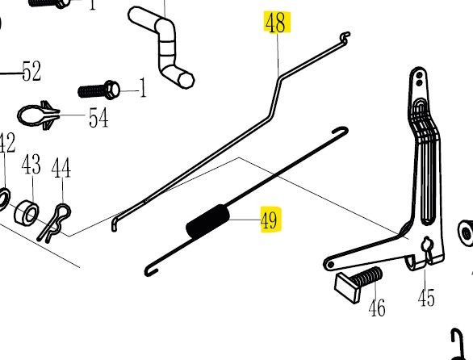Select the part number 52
pos(31,71)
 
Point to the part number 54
pos(98,118)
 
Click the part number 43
pos(31,165)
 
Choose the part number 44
pos(61,168)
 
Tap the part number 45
pos(426,298)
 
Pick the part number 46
pos(377,308)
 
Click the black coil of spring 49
pos(207,221)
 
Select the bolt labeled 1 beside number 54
pos(99,90)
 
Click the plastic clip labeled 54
pos(38,115)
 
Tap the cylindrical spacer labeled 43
pos(27,211)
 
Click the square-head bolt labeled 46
pos(358,283)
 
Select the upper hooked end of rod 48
pos(345,38)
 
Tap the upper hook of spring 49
pos(341,131)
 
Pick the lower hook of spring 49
pos(150,270)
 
